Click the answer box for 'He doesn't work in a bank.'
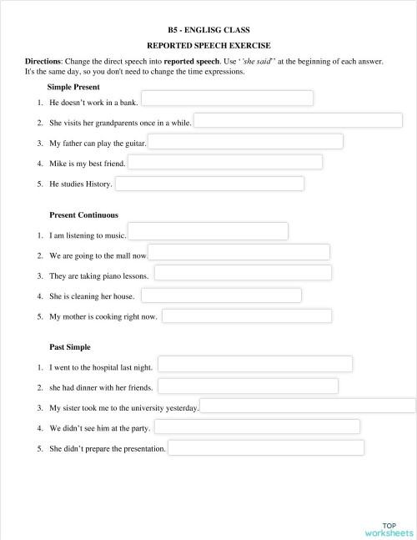click(227, 98)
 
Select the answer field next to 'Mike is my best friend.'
click(224, 162)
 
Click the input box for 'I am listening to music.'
click(208, 231)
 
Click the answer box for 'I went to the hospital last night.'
click(254, 364)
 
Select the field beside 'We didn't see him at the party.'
click(257, 427)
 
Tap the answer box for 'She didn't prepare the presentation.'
click(266, 448)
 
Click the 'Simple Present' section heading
click(74, 87)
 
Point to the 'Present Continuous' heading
click(83, 214)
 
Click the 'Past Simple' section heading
click(70, 346)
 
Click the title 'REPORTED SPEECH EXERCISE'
click(208, 46)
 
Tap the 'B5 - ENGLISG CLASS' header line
click(208, 30)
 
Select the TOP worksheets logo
click(389, 528)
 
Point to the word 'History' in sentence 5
click(98, 184)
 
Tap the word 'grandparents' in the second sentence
click(115, 123)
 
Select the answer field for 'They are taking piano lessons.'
click(243, 273)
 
